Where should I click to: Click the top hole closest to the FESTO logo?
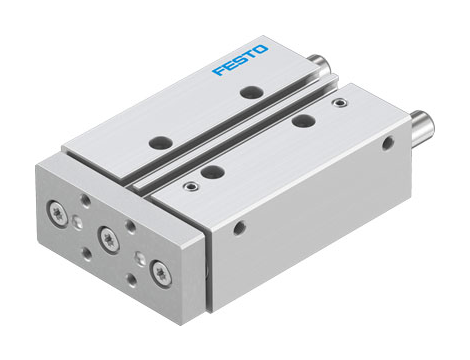pyautogui.click(x=249, y=92)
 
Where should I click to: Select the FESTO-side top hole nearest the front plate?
pyautogui.click(x=158, y=142)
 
